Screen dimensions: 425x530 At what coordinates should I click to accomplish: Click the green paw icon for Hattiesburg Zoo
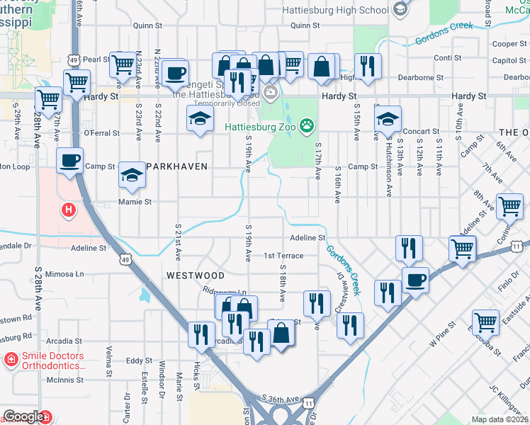point(307,127)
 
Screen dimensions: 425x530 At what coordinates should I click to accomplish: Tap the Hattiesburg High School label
point(336,10)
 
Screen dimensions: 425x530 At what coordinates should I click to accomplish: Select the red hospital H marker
point(69,210)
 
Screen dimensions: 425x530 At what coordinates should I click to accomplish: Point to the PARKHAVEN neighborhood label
point(177,166)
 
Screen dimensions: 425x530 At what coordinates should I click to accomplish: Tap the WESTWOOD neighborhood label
point(196,275)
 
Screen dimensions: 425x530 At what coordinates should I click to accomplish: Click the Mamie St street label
point(139,202)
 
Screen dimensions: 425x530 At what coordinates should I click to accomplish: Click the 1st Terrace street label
point(283,256)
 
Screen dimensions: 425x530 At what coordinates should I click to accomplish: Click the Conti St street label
point(443,58)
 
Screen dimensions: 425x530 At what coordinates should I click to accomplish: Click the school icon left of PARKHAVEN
point(132,174)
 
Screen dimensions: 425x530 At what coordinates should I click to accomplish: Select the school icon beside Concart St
point(388,118)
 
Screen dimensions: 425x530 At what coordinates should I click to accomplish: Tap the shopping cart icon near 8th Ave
point(510,207)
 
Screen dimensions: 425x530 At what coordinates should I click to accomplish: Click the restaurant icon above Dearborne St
point(368,67)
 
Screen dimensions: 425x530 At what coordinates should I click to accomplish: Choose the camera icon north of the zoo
point(270,93)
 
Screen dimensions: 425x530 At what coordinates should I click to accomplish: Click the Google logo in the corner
point(23,416)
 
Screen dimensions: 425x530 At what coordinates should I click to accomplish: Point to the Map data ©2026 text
point(500,419)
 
